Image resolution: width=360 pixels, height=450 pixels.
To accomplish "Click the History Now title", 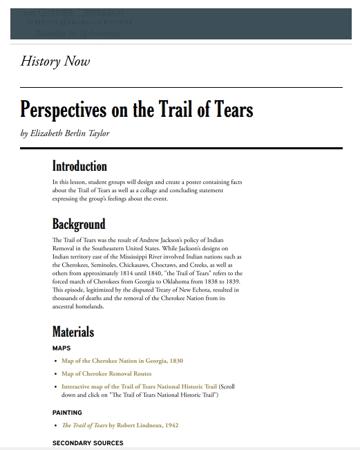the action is (x=55, y=62).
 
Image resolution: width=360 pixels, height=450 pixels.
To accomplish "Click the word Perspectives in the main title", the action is (x=63, y=110).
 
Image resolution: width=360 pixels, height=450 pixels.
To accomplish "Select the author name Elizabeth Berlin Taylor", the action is (x=70, y=133).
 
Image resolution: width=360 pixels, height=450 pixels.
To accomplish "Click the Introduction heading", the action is (x=79, y=167).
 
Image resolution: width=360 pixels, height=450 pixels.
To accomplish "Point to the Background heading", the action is (x=79, y=224).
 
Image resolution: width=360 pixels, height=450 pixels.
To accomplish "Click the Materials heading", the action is (x=73, y=332).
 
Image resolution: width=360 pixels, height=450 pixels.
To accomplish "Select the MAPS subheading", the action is (x=61, y=348).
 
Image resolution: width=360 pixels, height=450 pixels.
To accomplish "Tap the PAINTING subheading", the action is (x=67, y=413).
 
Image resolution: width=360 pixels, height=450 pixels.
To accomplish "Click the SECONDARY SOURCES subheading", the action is (x=88, y=443).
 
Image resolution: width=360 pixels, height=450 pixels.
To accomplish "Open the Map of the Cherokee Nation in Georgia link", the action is (x=122, y=361).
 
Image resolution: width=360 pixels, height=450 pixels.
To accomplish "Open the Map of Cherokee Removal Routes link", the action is (x=106, y=374).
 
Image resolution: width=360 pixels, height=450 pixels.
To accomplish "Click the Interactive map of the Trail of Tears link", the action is (x=139, y=387).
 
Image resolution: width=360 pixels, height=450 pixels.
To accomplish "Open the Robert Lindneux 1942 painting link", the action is (x=120, y=426).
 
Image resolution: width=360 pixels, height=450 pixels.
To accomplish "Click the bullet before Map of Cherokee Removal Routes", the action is (x=55, y=374).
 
